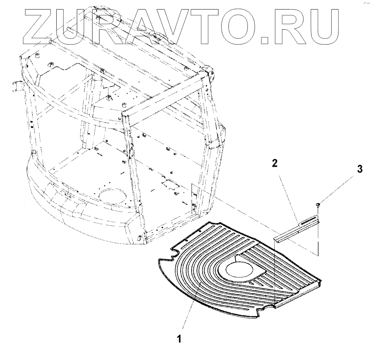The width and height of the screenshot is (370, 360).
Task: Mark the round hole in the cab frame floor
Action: [x=113, y=197]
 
